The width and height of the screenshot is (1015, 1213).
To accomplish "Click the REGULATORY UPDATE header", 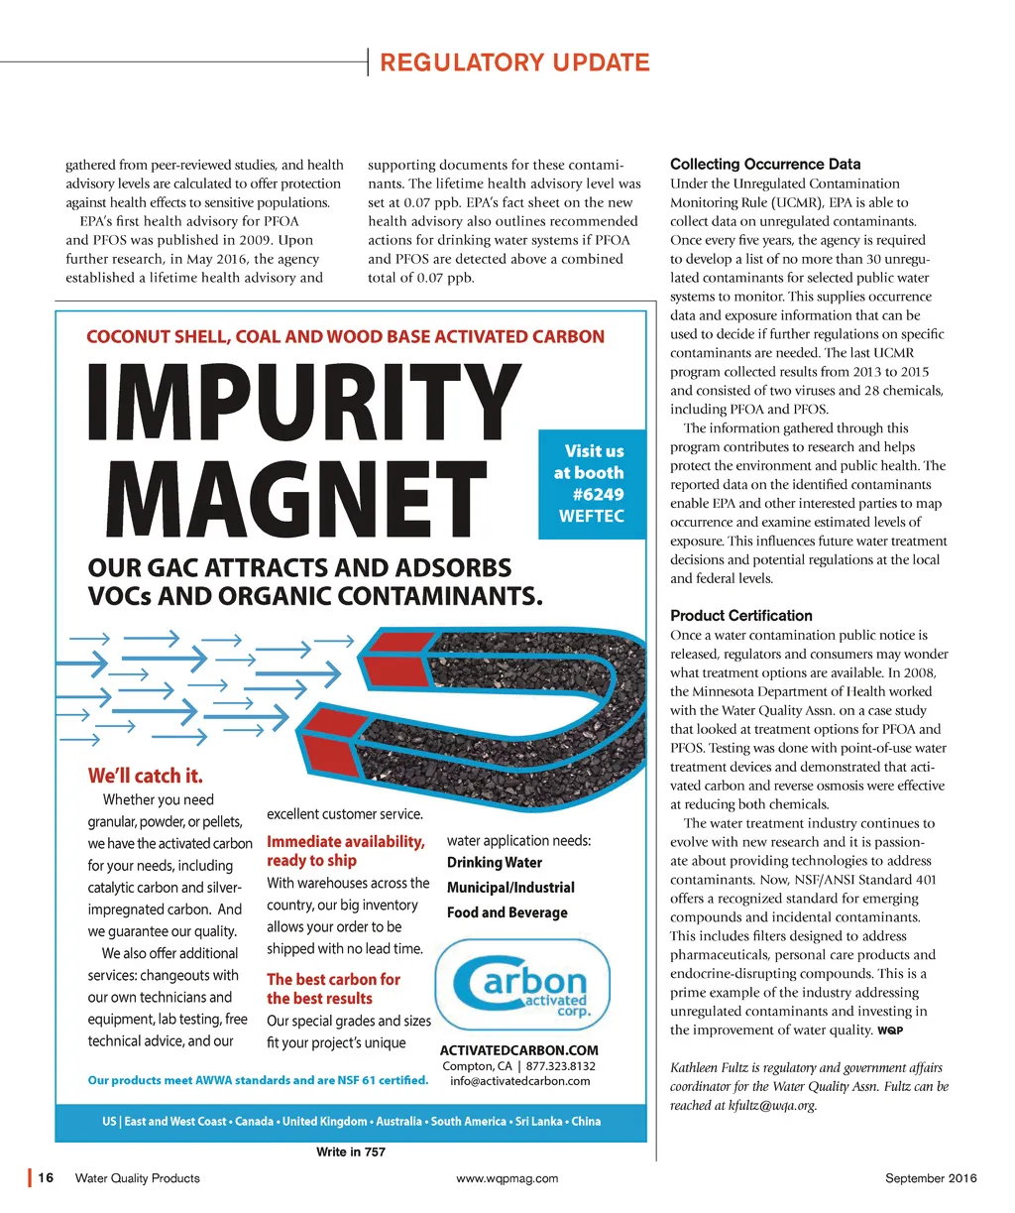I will coord(514,62).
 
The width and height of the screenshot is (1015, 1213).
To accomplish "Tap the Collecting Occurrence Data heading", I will coord(765,164).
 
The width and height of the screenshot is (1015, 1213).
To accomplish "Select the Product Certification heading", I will coord(740,615).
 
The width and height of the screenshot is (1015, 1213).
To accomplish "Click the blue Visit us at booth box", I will coord(592,483).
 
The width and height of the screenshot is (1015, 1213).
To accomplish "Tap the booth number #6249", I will coord(598,494).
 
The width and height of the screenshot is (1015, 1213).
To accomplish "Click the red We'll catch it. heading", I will coord(145,775).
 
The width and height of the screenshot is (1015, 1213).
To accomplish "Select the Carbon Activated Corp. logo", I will coord(522,985).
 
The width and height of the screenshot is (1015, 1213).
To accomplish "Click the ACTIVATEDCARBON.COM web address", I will coord(518,1049).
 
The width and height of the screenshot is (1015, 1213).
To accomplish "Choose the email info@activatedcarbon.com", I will coord(519,1081).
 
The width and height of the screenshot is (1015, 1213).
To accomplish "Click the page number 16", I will coord(46,1178).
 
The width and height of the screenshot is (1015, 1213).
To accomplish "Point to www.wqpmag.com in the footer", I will coord(507,1178).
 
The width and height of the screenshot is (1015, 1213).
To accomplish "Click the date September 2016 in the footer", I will coord(931,1178).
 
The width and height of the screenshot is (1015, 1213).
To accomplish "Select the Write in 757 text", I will coord(350,1152).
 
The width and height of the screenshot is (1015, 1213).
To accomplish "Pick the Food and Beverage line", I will coord(507,912).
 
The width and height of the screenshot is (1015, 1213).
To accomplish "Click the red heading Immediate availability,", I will coord(346,841).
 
